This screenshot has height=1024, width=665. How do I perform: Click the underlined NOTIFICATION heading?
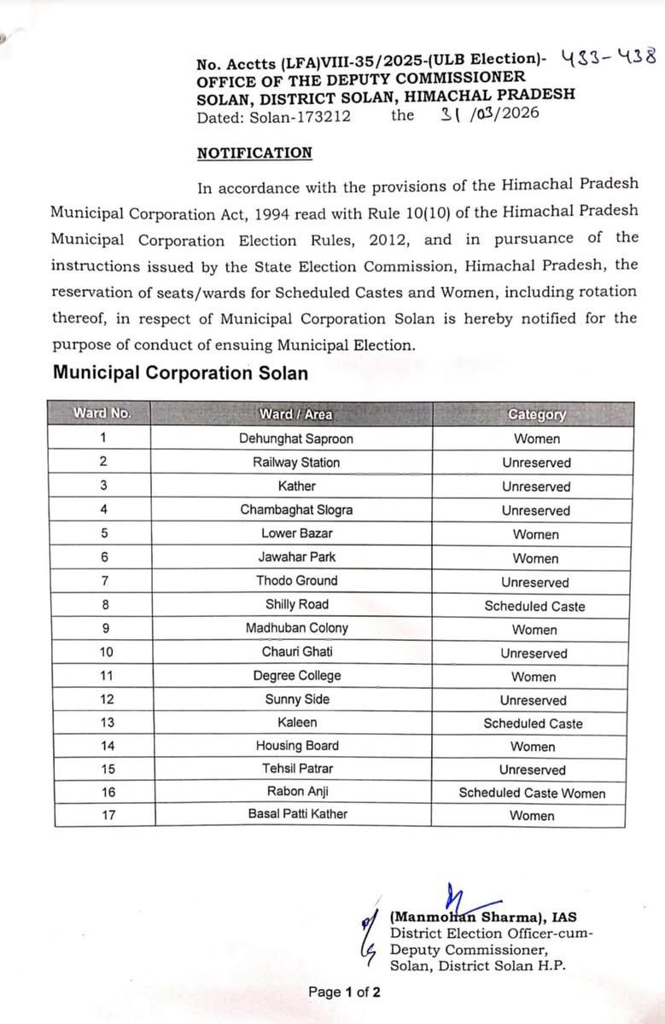(254, 154)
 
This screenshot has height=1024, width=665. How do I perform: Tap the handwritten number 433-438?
(609, 58)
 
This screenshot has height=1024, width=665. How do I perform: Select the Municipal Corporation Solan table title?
(180, 373)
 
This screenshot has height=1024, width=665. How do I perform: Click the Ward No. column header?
(102, 414)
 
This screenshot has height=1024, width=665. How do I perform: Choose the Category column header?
(536, 415)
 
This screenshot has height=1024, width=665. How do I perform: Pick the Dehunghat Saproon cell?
(296, 439)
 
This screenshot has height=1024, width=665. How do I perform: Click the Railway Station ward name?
(296, 463)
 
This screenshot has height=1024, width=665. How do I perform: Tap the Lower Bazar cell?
(296, 533)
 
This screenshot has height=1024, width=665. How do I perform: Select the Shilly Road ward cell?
(296, 604)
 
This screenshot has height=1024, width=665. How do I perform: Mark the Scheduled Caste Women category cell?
(532, 793)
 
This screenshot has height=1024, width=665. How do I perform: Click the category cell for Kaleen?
(533, 724)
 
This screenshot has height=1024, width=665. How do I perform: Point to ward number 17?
(102, 814)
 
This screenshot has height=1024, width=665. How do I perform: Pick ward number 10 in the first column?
(102, 652)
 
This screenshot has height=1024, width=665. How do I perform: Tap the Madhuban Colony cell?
(296, 628)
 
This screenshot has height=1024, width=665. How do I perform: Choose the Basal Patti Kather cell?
(298, 814)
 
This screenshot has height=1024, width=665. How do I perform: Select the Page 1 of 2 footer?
(344, 992)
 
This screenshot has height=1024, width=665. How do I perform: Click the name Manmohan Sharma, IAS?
(483, 918)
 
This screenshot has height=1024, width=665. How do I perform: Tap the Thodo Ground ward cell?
(296, 580)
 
